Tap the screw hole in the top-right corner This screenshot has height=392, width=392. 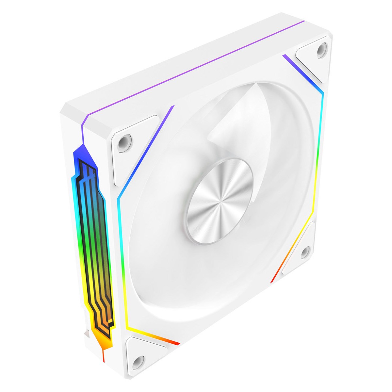[x=321, y=48]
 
